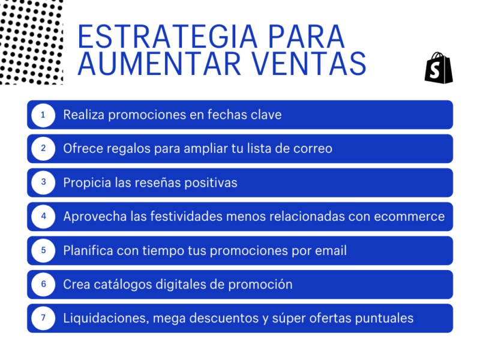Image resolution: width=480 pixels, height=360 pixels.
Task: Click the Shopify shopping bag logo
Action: coord(439,68)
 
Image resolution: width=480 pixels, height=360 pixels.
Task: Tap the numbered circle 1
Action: coord(43,115)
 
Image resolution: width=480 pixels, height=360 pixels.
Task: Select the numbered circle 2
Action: coord(43,148)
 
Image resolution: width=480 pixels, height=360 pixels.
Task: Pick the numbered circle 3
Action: coord(43,182)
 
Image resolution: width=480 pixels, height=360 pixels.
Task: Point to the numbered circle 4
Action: coord(43,216)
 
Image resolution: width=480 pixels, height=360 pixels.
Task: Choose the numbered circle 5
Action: coord(43,250)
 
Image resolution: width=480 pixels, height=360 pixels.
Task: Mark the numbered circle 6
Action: coord(43,284)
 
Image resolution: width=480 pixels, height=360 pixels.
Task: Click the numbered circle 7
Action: coord(43,318)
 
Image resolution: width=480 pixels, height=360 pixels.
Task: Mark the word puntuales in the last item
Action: coord(383,318)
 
